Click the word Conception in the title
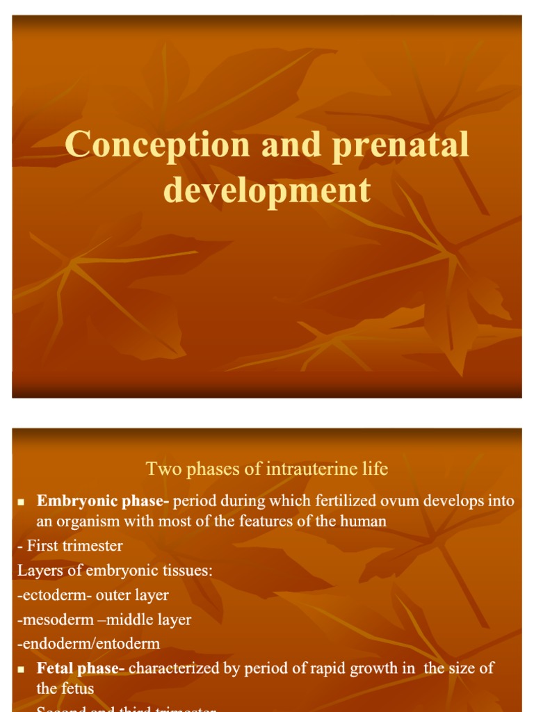click(158, 146)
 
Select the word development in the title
click(267, 189)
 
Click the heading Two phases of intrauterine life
click(267, 469)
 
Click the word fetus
click(76, 689)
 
